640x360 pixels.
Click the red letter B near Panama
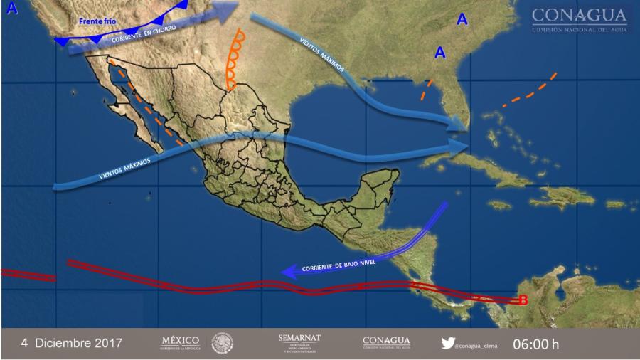point(523,300)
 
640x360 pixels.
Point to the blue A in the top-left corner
point(11,9)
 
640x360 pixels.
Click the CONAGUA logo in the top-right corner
point(580,19)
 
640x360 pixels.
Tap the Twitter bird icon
point(447,343)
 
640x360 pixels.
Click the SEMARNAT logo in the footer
point(299,342)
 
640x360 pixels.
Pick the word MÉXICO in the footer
point(181,342)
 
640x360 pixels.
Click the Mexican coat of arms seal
point(222,343)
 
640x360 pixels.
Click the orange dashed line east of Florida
point(530,91)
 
